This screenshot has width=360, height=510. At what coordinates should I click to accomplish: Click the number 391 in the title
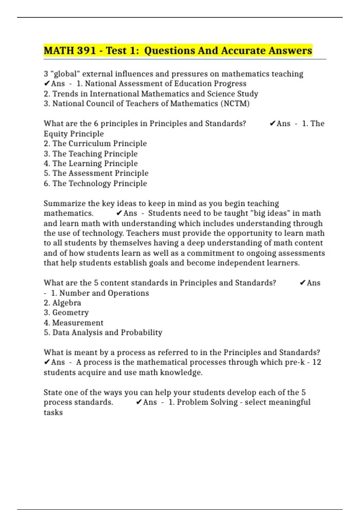click(x=86, y=51)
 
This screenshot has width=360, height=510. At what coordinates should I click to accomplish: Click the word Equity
click(x=56, y=134)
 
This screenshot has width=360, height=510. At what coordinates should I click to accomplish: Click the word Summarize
click(x=64, y=203)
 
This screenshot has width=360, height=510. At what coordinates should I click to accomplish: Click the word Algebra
click(x=67, y=303)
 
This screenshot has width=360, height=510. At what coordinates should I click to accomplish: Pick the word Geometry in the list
click(x=70, y=313)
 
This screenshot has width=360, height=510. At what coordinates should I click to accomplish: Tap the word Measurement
click(x=78, y=323)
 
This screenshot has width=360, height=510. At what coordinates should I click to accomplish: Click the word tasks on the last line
click(x=53, y=412)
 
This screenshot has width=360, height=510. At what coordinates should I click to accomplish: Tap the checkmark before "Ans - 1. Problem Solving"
click(x=139, y=402)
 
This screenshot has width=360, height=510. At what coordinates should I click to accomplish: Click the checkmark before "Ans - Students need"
click(x=119, y=213)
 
